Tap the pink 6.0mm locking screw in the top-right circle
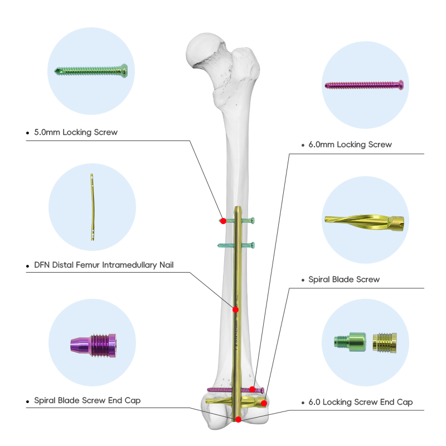(363, 85)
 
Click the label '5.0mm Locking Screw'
(76, 132)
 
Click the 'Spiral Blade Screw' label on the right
(344, 279)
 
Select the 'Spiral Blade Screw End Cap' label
(88, 400)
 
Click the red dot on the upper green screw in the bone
(223, 221)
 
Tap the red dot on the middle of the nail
(236, 308)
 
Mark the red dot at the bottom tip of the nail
(238, 419)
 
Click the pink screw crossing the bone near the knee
(223, 389)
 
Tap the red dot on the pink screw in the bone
(253, 389)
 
